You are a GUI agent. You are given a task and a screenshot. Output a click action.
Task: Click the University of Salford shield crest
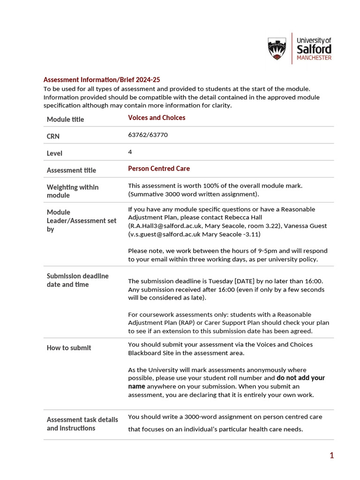(x=277, y=49)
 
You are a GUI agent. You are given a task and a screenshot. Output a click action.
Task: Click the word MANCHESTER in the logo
(x=314, y=58)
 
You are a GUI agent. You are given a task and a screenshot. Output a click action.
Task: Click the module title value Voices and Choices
(x=157, y=118)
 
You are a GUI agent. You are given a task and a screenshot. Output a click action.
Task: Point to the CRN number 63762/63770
(x=148, y=135)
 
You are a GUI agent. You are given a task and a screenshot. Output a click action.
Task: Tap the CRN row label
(x=53, y=136)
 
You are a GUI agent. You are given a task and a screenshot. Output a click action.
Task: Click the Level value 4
(x=130, y=152)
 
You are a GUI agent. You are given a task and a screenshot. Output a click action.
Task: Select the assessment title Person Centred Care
(x=159, y=168)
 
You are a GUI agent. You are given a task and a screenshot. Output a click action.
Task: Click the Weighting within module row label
(x=72, y=191)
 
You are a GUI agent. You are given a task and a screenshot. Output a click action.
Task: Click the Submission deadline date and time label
(x=77, y=280)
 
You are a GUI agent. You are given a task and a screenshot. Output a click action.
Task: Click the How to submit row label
(x=69, y=348)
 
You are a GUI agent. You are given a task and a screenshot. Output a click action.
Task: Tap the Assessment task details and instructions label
(x=82, y=424)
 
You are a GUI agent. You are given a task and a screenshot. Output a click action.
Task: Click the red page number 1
(x=331, y=455)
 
